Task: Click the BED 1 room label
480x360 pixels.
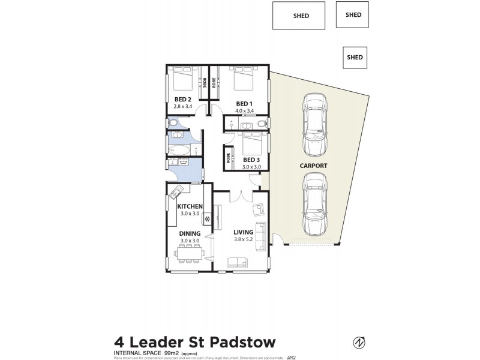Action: pyautogui.click(x=245, y=103)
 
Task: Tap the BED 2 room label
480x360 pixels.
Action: pyautogui.click(x=182, y=99)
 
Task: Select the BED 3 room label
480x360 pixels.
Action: pyautogui.click(x=252, y=160)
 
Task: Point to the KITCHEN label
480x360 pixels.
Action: pyautogui.click(x=190, y=206)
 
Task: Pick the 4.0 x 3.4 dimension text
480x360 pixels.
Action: pyautogui.click(x=245, y=110)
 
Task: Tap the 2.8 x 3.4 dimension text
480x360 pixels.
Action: pyautogui.click(x=182, y=106)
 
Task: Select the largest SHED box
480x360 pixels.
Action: pyautogui.click(x=298, y=16)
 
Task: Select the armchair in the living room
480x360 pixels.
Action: pyautogui.click(x=258, y=209)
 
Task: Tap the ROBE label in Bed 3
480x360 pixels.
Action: pyautogui.click(x=229, y=159)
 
